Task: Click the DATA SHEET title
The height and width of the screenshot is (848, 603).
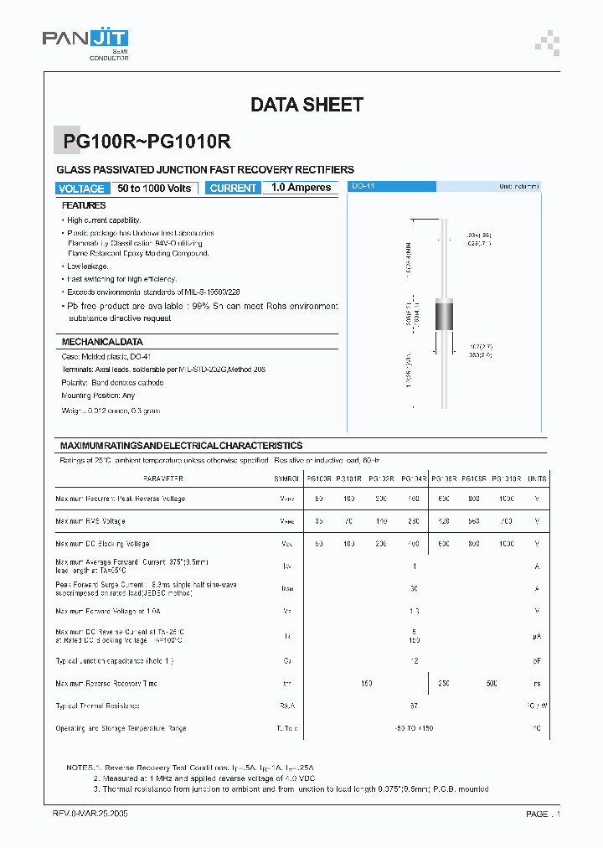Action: [x=307, y=105]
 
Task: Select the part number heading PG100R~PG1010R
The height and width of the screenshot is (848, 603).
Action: [x=147, y=142]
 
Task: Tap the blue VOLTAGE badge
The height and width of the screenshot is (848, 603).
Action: [x=81, y=189]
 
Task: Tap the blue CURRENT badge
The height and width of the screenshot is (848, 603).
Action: [x=233, y=189]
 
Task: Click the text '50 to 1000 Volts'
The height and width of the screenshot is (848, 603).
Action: [x=154, y=189]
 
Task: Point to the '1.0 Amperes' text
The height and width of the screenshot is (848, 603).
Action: [x=301, y=189]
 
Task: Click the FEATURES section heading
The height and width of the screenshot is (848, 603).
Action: [x=84, y=205]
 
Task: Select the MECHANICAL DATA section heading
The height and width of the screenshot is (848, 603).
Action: [x=102, y=342]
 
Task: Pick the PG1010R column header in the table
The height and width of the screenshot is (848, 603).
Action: [x=507, y=478]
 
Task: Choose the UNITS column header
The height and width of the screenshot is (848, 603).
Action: [x=537, y=478]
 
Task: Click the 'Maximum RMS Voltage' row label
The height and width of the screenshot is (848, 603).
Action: [x=90, y=521]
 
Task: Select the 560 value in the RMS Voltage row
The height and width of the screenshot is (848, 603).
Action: [x=475, y=521]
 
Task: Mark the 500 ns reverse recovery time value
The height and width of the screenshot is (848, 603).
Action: [x=492, y=684]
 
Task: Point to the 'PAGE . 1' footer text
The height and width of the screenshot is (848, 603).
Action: [x=543, y=814]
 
